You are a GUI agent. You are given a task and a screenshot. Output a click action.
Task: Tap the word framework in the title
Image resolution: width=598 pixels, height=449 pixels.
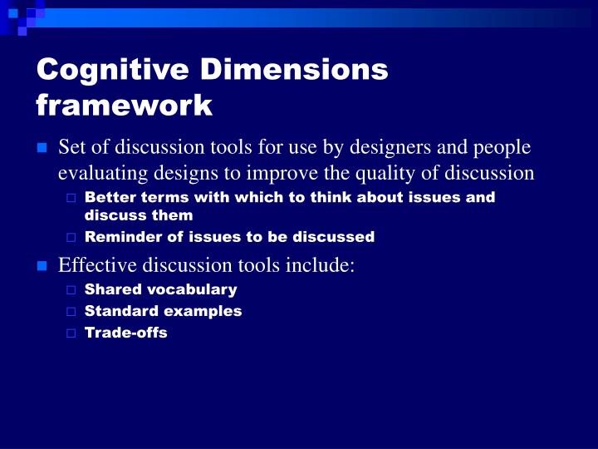(x=125, y=106)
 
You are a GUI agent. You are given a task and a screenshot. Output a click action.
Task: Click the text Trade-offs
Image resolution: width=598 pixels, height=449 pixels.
(x=126, y=333)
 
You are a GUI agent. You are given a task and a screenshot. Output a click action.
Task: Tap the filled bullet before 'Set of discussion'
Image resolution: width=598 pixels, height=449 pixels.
(x=41, y=148)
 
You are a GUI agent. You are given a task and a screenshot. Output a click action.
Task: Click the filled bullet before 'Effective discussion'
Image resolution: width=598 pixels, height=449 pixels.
(x=41, y=266)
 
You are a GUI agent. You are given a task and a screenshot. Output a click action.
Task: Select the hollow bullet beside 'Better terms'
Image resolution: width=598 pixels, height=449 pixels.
(x=71, y=198)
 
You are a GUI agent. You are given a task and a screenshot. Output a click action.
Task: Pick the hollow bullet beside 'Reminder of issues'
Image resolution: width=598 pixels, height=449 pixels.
(x=71, y=238)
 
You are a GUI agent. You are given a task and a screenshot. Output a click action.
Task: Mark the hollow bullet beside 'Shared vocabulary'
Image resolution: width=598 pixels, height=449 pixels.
(x=71, y=290)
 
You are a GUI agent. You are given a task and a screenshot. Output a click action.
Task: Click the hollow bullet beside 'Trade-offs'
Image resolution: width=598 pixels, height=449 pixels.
(x=71, y=333)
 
